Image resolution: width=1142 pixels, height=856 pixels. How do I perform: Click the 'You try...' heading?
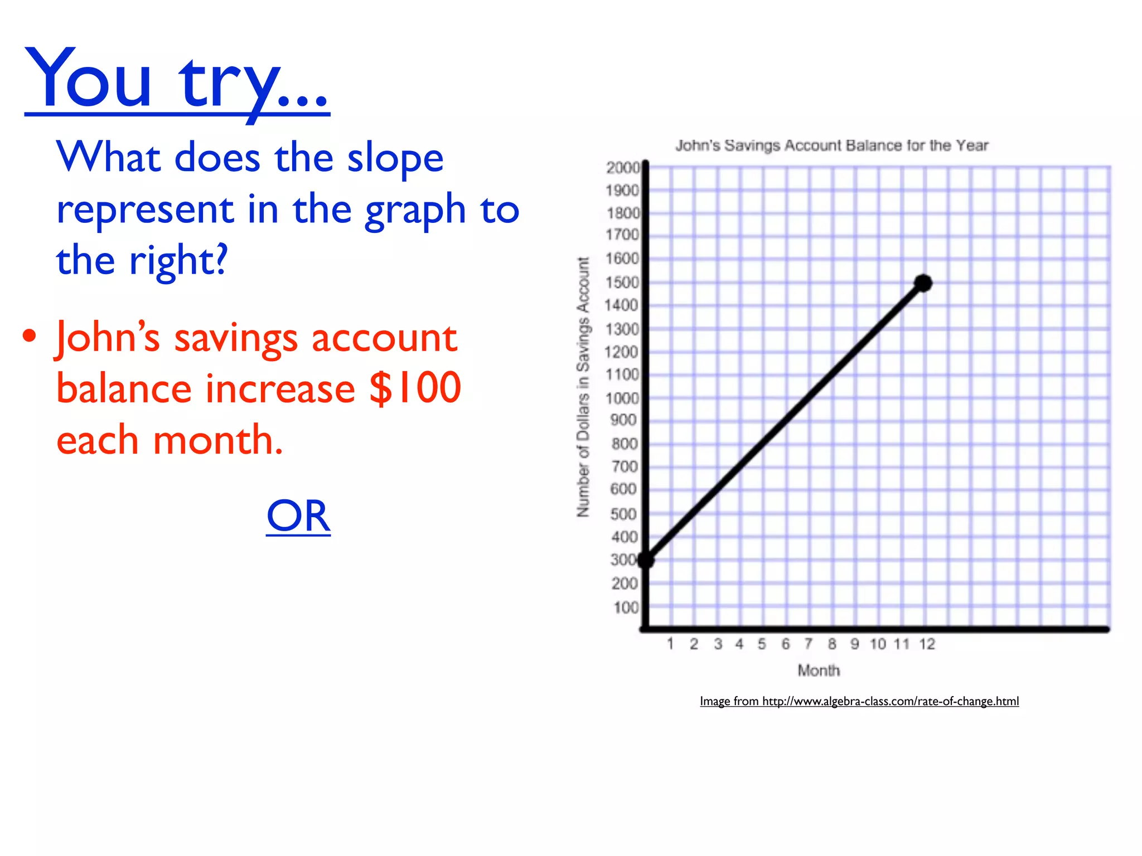[x=177, y=81]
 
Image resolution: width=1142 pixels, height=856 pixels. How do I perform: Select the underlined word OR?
[x=298, y=516]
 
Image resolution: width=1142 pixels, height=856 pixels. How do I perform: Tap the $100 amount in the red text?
[x=415, y=388]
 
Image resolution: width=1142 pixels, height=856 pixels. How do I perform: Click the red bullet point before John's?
[x=30, y=336]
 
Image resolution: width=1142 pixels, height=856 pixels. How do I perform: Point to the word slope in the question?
[x=395, y=158]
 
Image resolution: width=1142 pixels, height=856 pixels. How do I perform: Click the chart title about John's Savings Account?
[x=831, y=145]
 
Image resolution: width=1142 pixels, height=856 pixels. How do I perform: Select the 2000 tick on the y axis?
[x=623, y=168]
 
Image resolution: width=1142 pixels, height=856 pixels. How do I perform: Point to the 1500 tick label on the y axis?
[x=622, y=283]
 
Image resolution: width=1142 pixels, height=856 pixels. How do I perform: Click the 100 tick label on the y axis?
[x=626, y=607]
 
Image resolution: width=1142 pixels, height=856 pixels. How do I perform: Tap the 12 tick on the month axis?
[x=927, y=644]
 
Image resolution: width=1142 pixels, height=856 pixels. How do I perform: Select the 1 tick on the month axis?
[x=670, y=644]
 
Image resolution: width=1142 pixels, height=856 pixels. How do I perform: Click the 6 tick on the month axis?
[x=786, y=644]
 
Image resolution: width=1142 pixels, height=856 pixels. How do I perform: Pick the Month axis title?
[x=818, y=670]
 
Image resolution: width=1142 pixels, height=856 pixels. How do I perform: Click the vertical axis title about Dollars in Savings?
[x=583, y=387]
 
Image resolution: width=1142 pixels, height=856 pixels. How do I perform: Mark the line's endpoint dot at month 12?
[x=923, y=283]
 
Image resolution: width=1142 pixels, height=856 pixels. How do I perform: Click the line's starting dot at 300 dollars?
[x=646, y=560]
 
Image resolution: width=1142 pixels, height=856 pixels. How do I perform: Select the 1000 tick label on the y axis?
[x=622, y=398]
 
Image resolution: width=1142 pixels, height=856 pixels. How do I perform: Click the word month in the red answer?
[x=217, y=440]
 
